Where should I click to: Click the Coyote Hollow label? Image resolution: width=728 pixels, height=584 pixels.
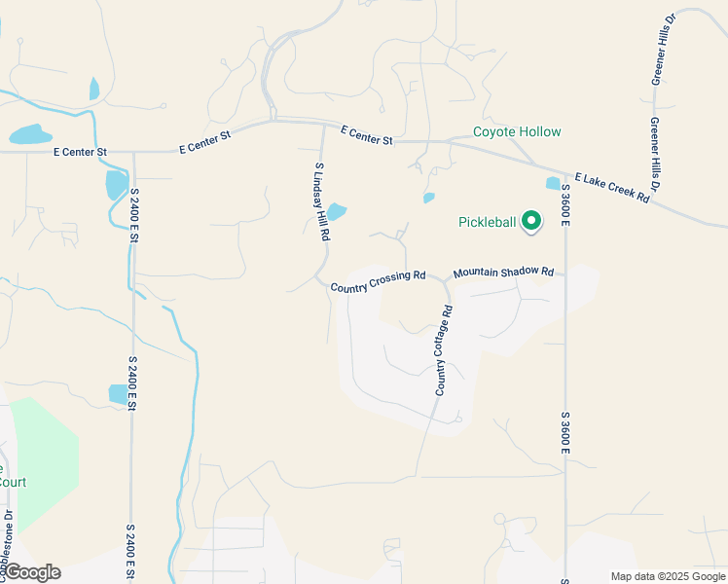(517, 132)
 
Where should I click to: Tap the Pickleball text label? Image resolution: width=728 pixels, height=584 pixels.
(487, 222)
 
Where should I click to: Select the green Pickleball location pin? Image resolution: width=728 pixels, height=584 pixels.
(531, 222)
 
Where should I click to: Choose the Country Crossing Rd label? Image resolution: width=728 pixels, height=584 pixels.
(378, 281)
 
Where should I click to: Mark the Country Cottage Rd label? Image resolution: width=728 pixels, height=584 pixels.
(444, 350)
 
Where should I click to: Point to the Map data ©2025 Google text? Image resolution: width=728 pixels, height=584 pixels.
(667, 576)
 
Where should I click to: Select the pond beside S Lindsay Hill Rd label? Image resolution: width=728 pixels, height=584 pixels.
(336, 211)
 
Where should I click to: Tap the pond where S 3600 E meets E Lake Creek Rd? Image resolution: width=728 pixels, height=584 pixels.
(553, 183)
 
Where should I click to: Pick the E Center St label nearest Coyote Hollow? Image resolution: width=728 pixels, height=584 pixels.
(367, 135)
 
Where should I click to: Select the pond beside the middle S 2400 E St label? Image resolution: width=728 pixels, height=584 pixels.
(118, 393)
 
